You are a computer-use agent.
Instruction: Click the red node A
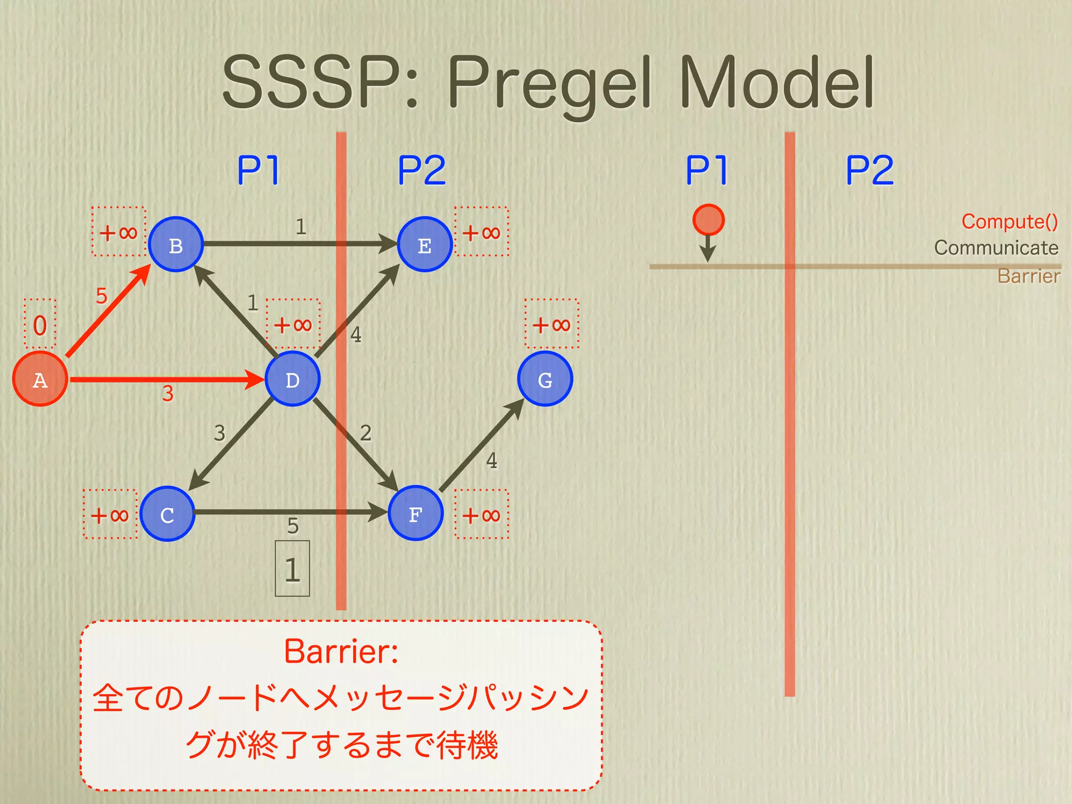pos(40,379)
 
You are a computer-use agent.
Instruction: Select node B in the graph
pos(176,244)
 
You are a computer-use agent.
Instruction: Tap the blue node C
pos(167,514)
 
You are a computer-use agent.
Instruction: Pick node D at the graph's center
pos(293,379)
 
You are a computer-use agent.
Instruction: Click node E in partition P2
pos(425,244)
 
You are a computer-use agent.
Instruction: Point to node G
pos(545,379)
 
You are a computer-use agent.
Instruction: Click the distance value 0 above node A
pos(40,325)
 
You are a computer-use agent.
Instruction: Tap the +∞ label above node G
pos(552,325)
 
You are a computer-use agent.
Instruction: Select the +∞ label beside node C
pos(110,515)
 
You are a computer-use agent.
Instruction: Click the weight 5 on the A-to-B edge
pos(102,296)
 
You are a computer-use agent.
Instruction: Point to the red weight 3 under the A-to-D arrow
pos(167,394)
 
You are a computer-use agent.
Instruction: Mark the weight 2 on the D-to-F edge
pos(366,433)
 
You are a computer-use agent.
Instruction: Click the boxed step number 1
pos(293,569)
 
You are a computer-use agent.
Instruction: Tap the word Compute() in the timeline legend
pos(1009,222)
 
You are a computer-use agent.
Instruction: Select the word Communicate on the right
pos(996,248)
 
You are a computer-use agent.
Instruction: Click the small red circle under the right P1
pos(708,220)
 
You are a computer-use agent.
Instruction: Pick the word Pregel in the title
pos(550,84)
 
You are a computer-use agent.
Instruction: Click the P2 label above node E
pos(422,170)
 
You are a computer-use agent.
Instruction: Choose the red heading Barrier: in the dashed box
pos(341,652)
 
